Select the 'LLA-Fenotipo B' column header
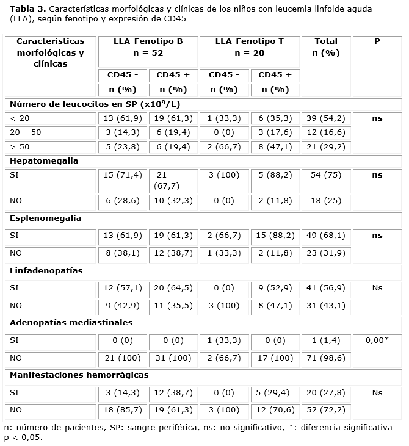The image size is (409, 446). click(x=148, y=41)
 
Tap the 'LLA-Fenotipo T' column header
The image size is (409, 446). click(x=250, y=41)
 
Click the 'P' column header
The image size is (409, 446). click(x=377, y=41)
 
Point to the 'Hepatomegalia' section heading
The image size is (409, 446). click(x=44, y=161)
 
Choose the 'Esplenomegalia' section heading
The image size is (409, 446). click(x=46, y=218)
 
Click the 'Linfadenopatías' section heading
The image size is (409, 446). click(x=46, y=270)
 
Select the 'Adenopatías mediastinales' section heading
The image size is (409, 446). click(x=71, y=322)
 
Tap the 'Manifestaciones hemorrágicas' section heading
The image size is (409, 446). click(x=79, y=375)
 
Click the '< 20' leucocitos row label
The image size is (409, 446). click(x=20, y=118)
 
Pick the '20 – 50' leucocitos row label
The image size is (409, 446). click(x=25, y=132)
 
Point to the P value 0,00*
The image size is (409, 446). click(x=377, y=340)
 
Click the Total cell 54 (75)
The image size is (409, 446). click(x=325, y=176)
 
